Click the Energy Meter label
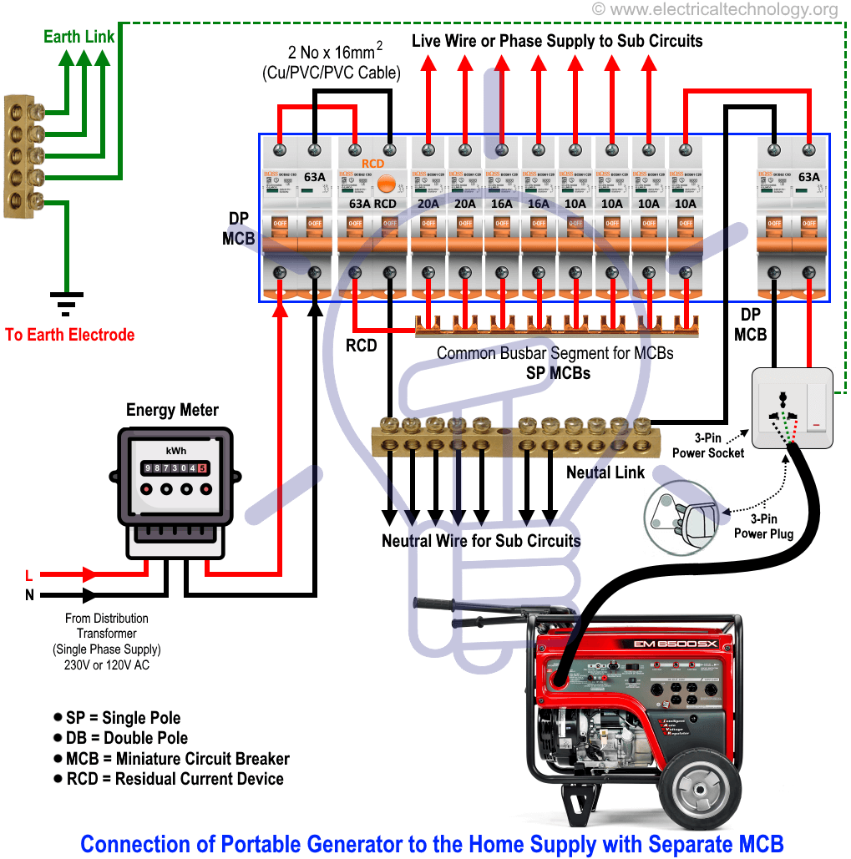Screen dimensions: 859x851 172,410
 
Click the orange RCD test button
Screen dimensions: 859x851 386,184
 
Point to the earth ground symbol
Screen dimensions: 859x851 65,303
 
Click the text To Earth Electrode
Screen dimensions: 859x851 69,335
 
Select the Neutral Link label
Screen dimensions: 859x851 605,472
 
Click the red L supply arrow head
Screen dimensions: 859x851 89,574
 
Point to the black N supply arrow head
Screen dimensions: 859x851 89,595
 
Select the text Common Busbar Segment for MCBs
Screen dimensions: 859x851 555,353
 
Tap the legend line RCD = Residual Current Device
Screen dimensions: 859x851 174,779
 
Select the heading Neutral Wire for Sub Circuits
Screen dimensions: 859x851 481,540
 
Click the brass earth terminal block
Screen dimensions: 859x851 23,156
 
